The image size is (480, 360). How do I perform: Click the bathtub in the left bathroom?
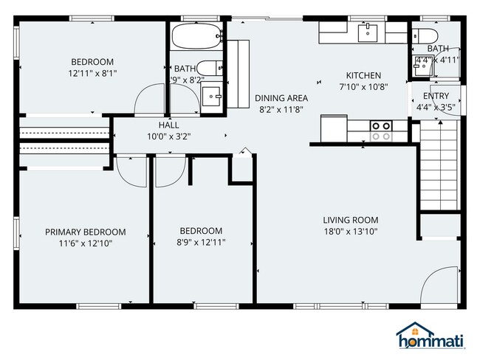196,35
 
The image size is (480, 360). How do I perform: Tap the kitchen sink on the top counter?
367,32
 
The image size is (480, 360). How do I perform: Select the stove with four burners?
381,131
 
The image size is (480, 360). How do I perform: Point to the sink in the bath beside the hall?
211,95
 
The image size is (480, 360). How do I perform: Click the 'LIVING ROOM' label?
350,220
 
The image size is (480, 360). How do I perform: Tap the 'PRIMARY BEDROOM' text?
85,232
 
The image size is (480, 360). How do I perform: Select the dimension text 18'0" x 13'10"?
350,232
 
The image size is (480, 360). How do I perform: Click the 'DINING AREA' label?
281,97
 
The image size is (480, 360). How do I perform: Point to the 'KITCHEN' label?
364,75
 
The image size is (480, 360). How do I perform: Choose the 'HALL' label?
159,125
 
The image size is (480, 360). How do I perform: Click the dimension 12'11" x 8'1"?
92,74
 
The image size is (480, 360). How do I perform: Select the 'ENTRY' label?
436,96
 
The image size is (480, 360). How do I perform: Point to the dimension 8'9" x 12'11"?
201,242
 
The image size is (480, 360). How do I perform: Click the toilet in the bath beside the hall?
209,67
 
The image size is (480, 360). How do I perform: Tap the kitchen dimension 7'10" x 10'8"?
364,86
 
